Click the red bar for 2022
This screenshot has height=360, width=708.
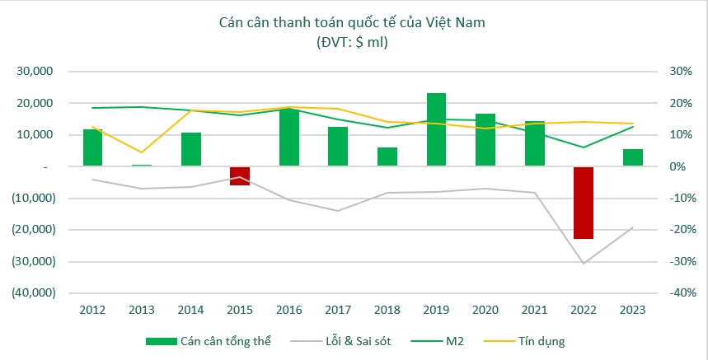point(584,203)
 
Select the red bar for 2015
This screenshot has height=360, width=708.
point(240,175)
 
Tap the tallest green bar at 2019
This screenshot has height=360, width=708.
point(436,129)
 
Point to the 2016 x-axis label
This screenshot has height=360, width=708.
point(289,310)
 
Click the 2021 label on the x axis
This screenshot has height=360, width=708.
point(535,310)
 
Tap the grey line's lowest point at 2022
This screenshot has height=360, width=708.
point(584,264)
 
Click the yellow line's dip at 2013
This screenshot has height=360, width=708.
point(142,152)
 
